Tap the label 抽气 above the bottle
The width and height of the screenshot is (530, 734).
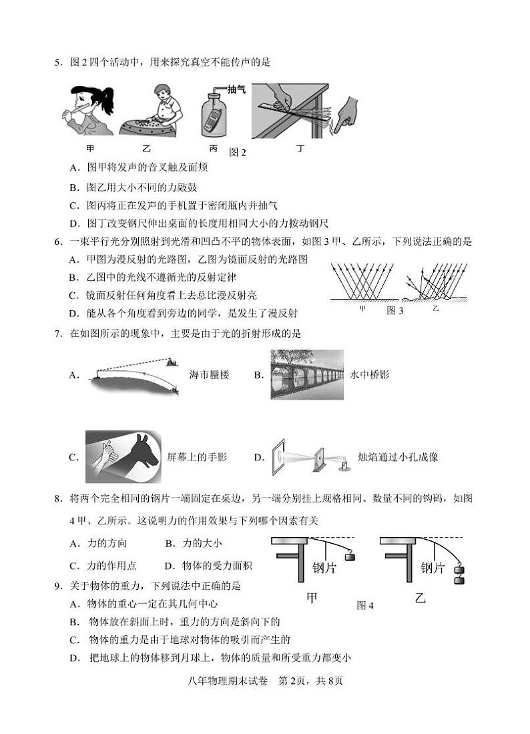coord(236,89)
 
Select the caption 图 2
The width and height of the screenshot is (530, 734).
coord(238,152)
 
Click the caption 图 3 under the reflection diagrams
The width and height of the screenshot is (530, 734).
coord(394,310)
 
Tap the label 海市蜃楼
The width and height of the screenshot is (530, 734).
coord(210,374)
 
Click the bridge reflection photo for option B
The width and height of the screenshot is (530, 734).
coord(307,374)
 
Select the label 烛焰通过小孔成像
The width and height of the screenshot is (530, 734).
coord(398,457)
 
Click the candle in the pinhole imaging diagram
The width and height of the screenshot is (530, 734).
coord(345,465)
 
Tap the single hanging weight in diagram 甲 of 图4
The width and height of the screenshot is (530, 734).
coord(350,557)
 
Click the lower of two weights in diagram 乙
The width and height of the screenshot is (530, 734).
coord(459,580)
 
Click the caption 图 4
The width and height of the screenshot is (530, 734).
coord(365,605)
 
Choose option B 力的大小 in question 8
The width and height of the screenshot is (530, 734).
coord(194,543)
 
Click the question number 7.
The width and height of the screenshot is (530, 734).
coord(58,334)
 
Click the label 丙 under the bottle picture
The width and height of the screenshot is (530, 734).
coord(214,148)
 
